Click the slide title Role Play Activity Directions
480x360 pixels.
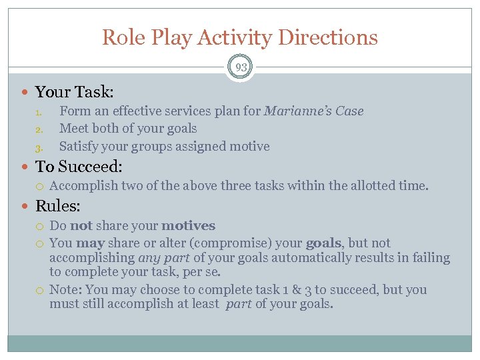240,37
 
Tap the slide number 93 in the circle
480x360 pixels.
240,67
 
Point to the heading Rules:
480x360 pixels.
58,206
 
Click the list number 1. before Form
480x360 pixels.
39,112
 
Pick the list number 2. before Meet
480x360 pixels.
39,129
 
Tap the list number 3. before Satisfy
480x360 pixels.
39,147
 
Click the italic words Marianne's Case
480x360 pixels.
313,111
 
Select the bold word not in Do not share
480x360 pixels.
81,226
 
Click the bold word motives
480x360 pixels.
188,226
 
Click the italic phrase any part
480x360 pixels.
163,258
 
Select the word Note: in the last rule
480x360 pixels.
65,290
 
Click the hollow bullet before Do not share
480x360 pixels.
40,227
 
